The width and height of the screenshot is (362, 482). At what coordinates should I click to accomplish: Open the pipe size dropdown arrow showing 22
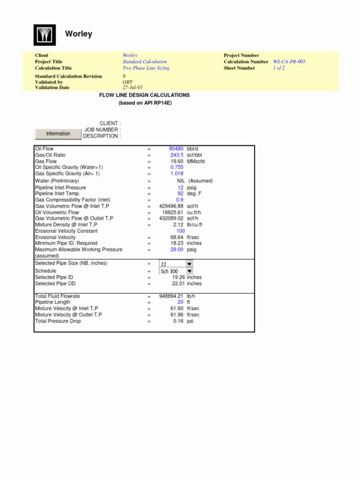[189, 264]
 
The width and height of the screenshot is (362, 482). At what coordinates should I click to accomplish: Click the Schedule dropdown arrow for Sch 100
[189, 271]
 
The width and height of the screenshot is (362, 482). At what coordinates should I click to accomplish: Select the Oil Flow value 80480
[176, 149]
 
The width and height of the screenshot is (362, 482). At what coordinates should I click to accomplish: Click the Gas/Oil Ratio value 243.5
[177, 155]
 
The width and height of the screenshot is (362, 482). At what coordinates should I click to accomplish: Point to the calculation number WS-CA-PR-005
[289, 62]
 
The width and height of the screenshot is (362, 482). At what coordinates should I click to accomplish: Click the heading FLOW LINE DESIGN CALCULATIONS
[144, 95]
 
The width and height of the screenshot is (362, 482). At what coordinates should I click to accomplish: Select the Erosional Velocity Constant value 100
[181, 231]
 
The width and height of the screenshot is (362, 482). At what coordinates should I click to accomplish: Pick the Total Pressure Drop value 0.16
[179, 321]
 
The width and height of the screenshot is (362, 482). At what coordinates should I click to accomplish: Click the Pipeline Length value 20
[181, 302]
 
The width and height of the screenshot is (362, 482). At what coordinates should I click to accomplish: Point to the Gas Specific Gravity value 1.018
[177, 174]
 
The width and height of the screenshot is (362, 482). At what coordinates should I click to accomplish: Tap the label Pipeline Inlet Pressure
[60, 188]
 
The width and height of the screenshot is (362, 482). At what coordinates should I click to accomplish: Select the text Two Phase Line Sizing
[146, 68]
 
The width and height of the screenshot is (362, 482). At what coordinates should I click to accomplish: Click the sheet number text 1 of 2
[278, 68]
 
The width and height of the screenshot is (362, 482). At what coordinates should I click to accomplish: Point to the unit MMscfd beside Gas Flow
[195, 161]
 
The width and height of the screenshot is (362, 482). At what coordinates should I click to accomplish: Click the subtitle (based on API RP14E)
[145, 103]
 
